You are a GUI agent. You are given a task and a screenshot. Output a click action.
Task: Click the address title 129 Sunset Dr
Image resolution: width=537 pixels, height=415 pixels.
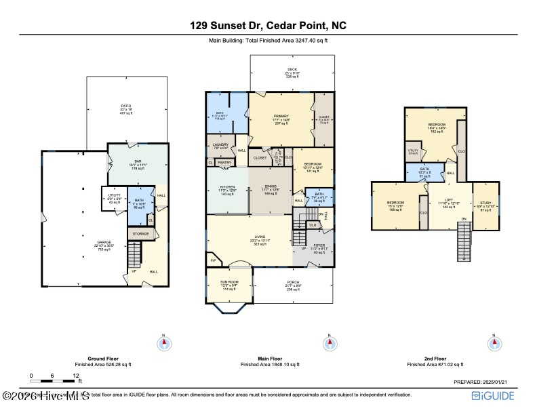coord(268,26)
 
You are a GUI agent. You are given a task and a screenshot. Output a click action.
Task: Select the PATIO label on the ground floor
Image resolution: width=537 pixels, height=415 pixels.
coord(126,106)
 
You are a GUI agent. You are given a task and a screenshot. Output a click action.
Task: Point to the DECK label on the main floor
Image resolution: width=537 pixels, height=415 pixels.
coord(292,69)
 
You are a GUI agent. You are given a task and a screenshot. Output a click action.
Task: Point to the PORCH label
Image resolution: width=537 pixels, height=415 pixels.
coord(293,282)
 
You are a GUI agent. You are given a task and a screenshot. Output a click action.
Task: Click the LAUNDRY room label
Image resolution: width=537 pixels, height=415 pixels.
coord(220,144)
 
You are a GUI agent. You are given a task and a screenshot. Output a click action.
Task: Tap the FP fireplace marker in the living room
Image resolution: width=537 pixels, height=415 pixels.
coord(213,260)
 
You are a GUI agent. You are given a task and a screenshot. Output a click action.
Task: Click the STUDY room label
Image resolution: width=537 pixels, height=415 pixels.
coord(485,203)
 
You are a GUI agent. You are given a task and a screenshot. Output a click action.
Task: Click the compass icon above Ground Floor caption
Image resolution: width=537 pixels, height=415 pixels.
coord(163,344)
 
